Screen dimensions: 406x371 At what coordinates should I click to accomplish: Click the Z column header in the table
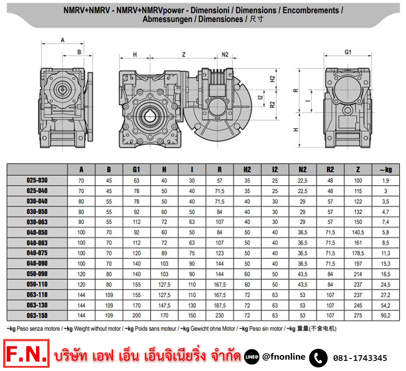click(x=358, y=169)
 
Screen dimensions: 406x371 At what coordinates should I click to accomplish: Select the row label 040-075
click(x=37, y=253)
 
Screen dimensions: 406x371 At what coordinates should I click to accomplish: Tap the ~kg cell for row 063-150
click(x=386, y=315)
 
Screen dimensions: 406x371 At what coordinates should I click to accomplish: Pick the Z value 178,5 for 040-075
click(x=358, y=253)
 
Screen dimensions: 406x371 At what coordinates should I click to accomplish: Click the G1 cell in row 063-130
click(x=136, y=305)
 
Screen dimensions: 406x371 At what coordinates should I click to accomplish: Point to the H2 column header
click(x=247, y=169)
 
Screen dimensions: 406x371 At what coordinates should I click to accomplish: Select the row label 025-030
click(x=37, y=180)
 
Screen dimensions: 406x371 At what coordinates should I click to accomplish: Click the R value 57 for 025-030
click(x=220, y=181)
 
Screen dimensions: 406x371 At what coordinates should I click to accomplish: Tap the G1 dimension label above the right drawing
click(x=348, y=52)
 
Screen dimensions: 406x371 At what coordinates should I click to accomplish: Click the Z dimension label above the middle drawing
click(x=184, y=55)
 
